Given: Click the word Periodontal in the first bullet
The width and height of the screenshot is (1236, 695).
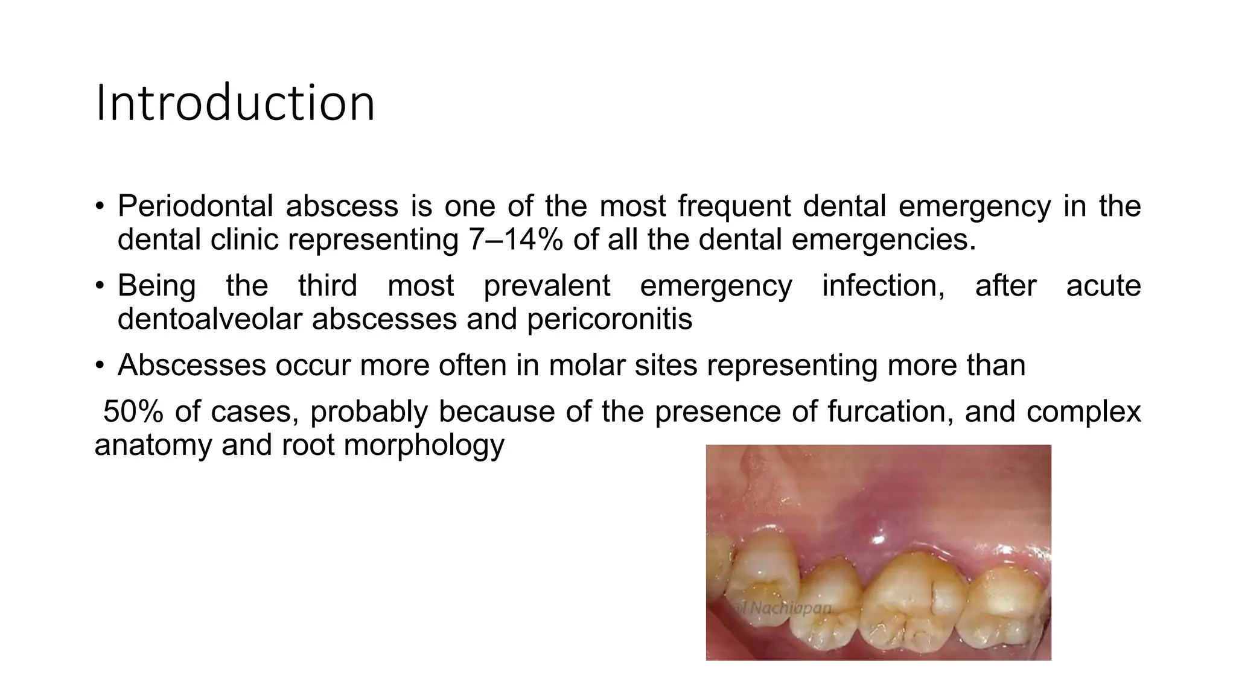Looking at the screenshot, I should coord(196,206).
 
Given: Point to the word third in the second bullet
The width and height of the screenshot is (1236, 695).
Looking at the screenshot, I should coord(328,286).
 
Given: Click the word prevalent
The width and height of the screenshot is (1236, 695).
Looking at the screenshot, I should coord(547,286).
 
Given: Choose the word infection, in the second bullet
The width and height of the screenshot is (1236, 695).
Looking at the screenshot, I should coord(884,286).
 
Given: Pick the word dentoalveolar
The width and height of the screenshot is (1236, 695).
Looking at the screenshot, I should coord(209,319).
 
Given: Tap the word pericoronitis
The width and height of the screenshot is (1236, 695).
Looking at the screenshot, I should coord(610,319).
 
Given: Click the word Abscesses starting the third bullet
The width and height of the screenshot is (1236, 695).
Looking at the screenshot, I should coord(191,366).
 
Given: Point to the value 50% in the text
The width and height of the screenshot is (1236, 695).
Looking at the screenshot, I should coord(133,412).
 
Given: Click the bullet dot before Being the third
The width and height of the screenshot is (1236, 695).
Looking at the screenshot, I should coord(99,286).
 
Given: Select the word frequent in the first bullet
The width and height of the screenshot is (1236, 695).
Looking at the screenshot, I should coord(734,206).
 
